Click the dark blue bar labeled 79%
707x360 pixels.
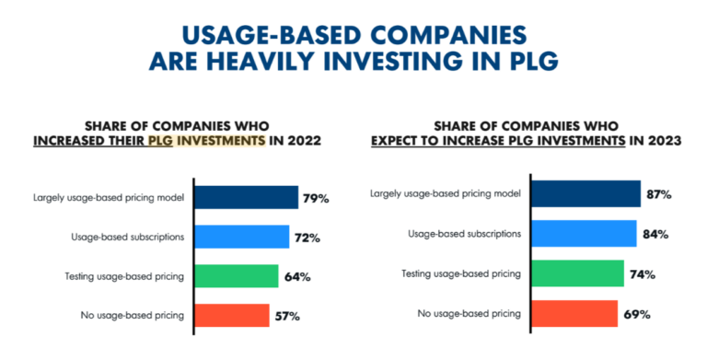coord(248,198)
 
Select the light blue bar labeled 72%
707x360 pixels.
coord(243,238)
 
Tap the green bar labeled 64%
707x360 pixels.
coord(238,276)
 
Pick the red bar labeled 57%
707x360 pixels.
coord(234,316)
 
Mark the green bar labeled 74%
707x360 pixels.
coord(578,273)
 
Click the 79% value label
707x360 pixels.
coord(318,199)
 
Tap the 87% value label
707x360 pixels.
coord(659,195)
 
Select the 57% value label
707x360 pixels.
coord(287,317)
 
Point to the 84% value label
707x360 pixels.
coord(655,235)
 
